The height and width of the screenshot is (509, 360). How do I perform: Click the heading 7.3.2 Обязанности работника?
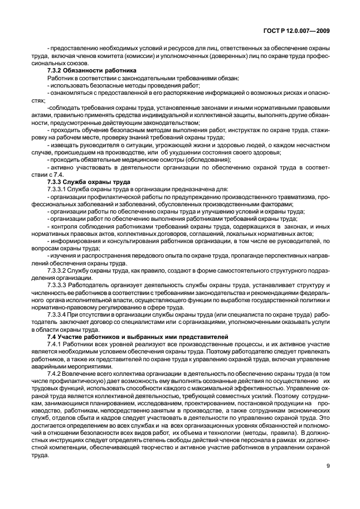[x=88, y=71]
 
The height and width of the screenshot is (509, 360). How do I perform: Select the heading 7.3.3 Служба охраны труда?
[x=89, y=182]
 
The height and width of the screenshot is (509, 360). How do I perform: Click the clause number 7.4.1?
[x=56, y=345]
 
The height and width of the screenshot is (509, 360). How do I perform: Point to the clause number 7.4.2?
[x=56, y=374]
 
